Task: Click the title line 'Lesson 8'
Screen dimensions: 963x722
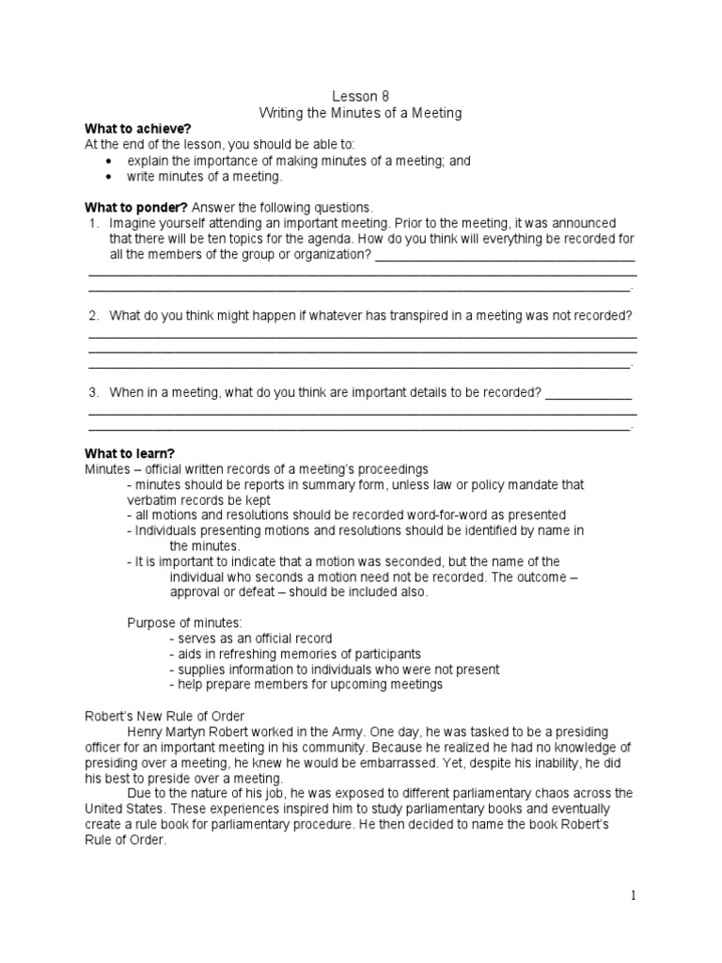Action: (361, 96)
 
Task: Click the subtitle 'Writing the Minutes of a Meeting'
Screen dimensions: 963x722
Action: (361, 113)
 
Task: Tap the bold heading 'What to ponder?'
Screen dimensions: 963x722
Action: (137, 207)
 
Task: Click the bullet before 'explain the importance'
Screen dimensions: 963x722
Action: (112, 161)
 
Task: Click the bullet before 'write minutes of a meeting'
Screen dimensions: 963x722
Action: (112, 176)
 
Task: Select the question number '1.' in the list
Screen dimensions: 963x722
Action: (94, 223)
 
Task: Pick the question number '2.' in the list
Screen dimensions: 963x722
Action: (94, 315)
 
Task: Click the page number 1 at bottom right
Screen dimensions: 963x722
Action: (633, 896)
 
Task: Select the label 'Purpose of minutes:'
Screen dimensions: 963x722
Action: (184, 623)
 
